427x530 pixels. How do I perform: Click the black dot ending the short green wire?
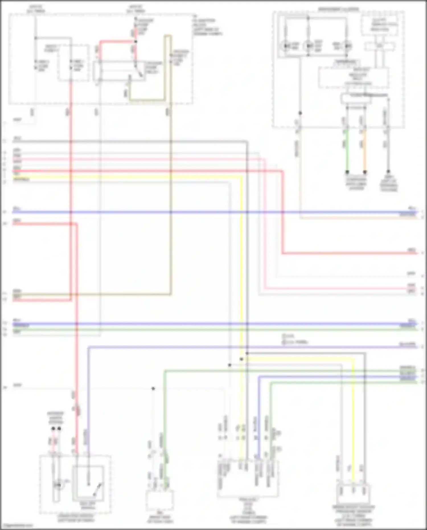pos(347,172)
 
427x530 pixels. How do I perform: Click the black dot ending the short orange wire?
pos(365,172)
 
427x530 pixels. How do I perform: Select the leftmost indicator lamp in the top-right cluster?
pos(286,46)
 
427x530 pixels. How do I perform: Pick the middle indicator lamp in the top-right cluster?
pos(308,46)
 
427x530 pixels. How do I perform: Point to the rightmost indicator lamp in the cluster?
pos(347,46)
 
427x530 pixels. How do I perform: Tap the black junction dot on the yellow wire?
pos(241,359)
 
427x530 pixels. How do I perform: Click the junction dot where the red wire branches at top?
pos(136,42)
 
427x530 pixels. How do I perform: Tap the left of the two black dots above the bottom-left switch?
pos(53,428)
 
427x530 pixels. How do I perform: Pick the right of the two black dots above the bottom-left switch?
pos(59,428)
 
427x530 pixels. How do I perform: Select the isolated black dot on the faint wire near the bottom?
pos(153,388)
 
